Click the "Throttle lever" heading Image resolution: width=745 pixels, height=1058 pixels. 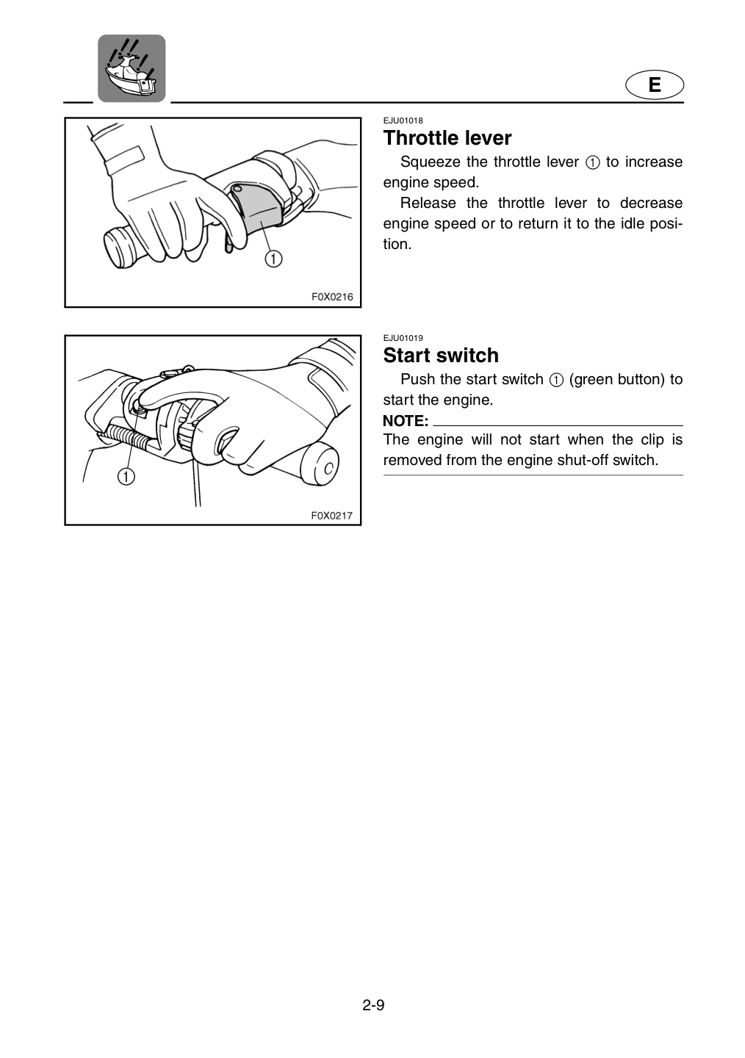click(447, 138)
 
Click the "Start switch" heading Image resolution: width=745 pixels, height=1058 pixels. click(441, 355)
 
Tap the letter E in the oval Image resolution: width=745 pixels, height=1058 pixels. click(655, 85)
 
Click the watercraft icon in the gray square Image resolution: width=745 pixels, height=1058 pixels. click(132, 68)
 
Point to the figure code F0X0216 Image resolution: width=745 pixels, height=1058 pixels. click(332, 297)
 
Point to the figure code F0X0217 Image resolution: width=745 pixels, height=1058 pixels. click(332, 515)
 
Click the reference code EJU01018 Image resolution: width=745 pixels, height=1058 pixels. click(403, 120)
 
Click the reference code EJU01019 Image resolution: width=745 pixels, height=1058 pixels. click(403, 338)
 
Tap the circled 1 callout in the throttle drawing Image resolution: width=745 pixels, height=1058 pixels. click(273, 259)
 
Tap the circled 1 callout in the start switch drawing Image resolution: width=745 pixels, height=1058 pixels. click(126, 476)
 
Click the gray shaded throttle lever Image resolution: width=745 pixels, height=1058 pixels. click(257, 208)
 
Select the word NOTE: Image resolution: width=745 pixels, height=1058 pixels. click(406, 421)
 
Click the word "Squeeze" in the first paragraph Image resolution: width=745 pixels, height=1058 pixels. click(430, 162)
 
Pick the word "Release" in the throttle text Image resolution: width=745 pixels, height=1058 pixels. click(428, 203)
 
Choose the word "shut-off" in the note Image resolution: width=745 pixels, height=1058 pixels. click(583, 460)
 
